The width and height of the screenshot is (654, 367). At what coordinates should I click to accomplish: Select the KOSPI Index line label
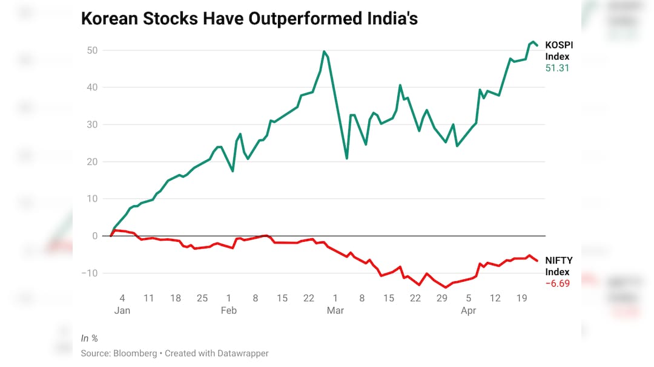[558, 51]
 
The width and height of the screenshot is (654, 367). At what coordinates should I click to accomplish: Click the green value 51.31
[557, 68]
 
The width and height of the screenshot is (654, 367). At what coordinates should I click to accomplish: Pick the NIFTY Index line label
[558, 266]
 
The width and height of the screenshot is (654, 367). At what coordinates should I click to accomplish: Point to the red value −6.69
[557, 284]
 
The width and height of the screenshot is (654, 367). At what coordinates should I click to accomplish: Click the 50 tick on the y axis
[92, 50]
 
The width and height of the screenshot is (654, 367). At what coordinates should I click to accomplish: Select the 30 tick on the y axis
[92, 125]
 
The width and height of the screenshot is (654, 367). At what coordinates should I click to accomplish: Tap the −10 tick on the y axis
[90, 273]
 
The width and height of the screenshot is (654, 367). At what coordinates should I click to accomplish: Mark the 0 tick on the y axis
[95, 236]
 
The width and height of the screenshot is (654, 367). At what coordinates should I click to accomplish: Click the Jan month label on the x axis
[122, 310]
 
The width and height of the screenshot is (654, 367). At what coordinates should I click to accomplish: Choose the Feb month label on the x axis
[229, 310]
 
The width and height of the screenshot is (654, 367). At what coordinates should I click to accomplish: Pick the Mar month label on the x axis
[335, 310]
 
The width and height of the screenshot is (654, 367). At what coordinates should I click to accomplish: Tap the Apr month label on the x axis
[469, 310]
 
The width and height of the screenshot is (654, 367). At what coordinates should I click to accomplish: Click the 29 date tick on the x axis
[442, 298]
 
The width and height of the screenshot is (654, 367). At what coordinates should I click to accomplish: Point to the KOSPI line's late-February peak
[324, 51]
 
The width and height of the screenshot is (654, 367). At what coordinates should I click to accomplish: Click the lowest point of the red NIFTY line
[446, 287]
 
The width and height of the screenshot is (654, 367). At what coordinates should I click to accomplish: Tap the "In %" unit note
[90, 337]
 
